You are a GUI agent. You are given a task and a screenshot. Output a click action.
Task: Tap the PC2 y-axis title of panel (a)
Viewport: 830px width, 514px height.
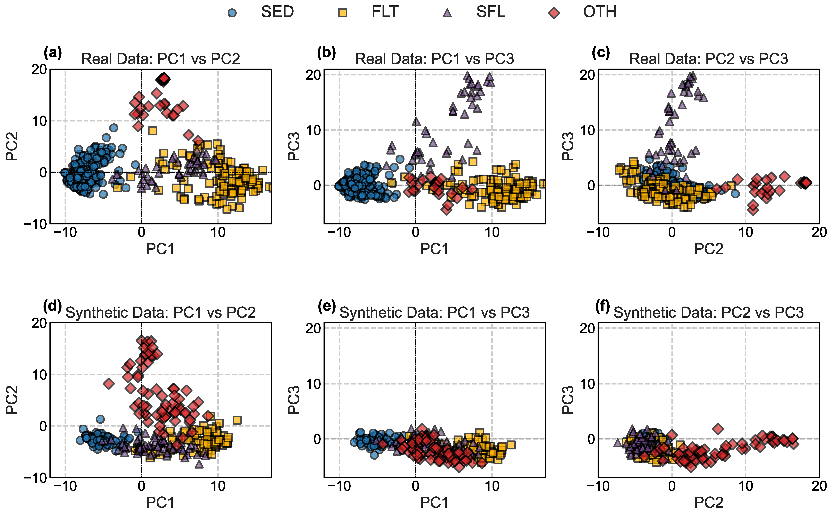coord(12,146)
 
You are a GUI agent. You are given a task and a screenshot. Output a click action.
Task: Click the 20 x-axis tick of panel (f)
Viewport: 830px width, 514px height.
coord(819,486)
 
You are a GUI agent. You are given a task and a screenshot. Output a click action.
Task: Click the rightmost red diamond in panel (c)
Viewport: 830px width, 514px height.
coord(805,183)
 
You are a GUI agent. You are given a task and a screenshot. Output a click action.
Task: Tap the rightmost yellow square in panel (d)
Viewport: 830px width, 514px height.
coord(237,420)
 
